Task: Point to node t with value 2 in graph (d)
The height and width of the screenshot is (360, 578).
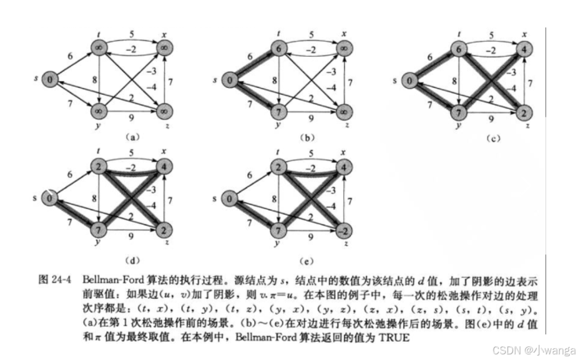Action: [99, 167]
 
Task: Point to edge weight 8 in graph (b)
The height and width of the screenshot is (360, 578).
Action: [273, 79]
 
